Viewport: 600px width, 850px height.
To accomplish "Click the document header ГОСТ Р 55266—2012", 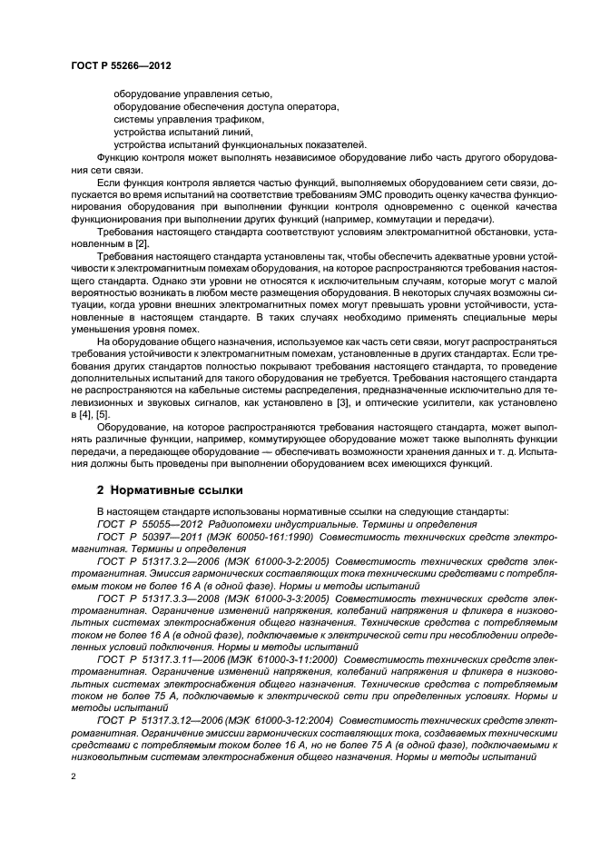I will [121, 66].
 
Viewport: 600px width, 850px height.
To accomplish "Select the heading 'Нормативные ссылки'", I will [177, 490].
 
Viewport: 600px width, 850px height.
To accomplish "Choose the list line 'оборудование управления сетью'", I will [192, 94].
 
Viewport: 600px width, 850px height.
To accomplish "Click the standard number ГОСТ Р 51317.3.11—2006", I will [164, 657].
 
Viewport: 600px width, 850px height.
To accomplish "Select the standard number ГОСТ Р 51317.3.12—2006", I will [164, 720].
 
